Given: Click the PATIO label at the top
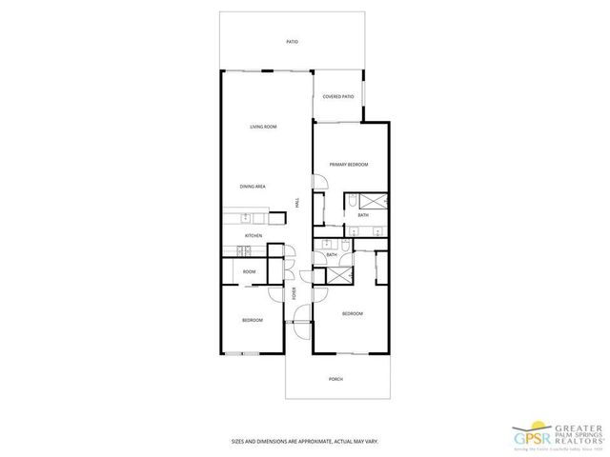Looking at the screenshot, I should click(x=293, y=42).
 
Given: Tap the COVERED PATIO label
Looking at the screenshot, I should click(x=338, y=96).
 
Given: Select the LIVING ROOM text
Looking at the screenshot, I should click(x=263, y=127).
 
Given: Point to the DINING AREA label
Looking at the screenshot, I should click(x=252, y=187).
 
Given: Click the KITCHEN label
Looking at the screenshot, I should click(x=253, y=235).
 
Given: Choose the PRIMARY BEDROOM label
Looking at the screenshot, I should click(x=349, y=165).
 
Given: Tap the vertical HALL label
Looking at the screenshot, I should click(x=297, y=203).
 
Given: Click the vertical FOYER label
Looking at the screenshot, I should click(x=295, y=294).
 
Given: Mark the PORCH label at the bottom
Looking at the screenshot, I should click(x=335, y=379).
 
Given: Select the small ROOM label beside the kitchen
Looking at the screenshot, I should click(x=249, y=271).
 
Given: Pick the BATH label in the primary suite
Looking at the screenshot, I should click(x=363, y=215).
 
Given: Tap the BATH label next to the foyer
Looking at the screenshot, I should click(x=332, y=254).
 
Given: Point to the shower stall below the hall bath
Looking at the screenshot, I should click(x=337, y=274).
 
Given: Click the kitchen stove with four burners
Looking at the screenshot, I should click(x=244, y=251).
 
